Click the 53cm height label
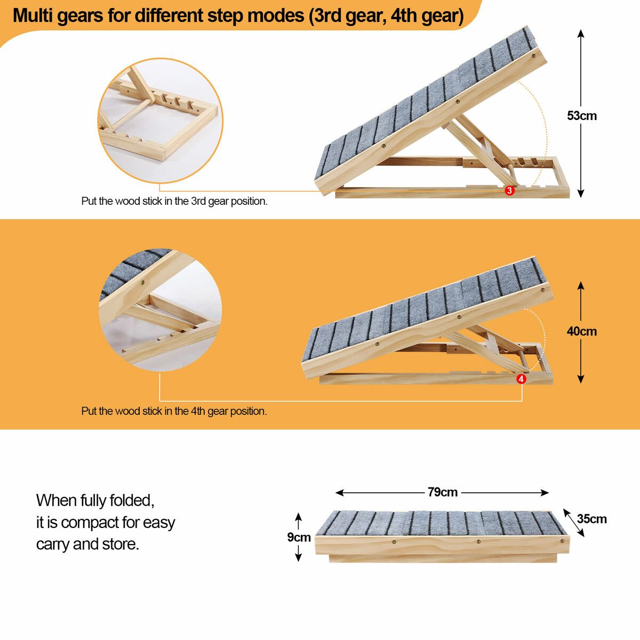[581, 116]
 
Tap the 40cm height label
[581, 331]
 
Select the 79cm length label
[442, 492]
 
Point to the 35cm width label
[592, 519]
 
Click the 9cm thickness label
[299, 537]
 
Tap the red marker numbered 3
[509, 190]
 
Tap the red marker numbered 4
[521, 379]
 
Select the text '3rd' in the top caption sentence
[198, 202]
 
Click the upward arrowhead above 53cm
[581, 33]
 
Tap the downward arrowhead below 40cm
[581, 379]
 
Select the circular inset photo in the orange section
[160, 309]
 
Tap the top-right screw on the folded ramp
[562, 541]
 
